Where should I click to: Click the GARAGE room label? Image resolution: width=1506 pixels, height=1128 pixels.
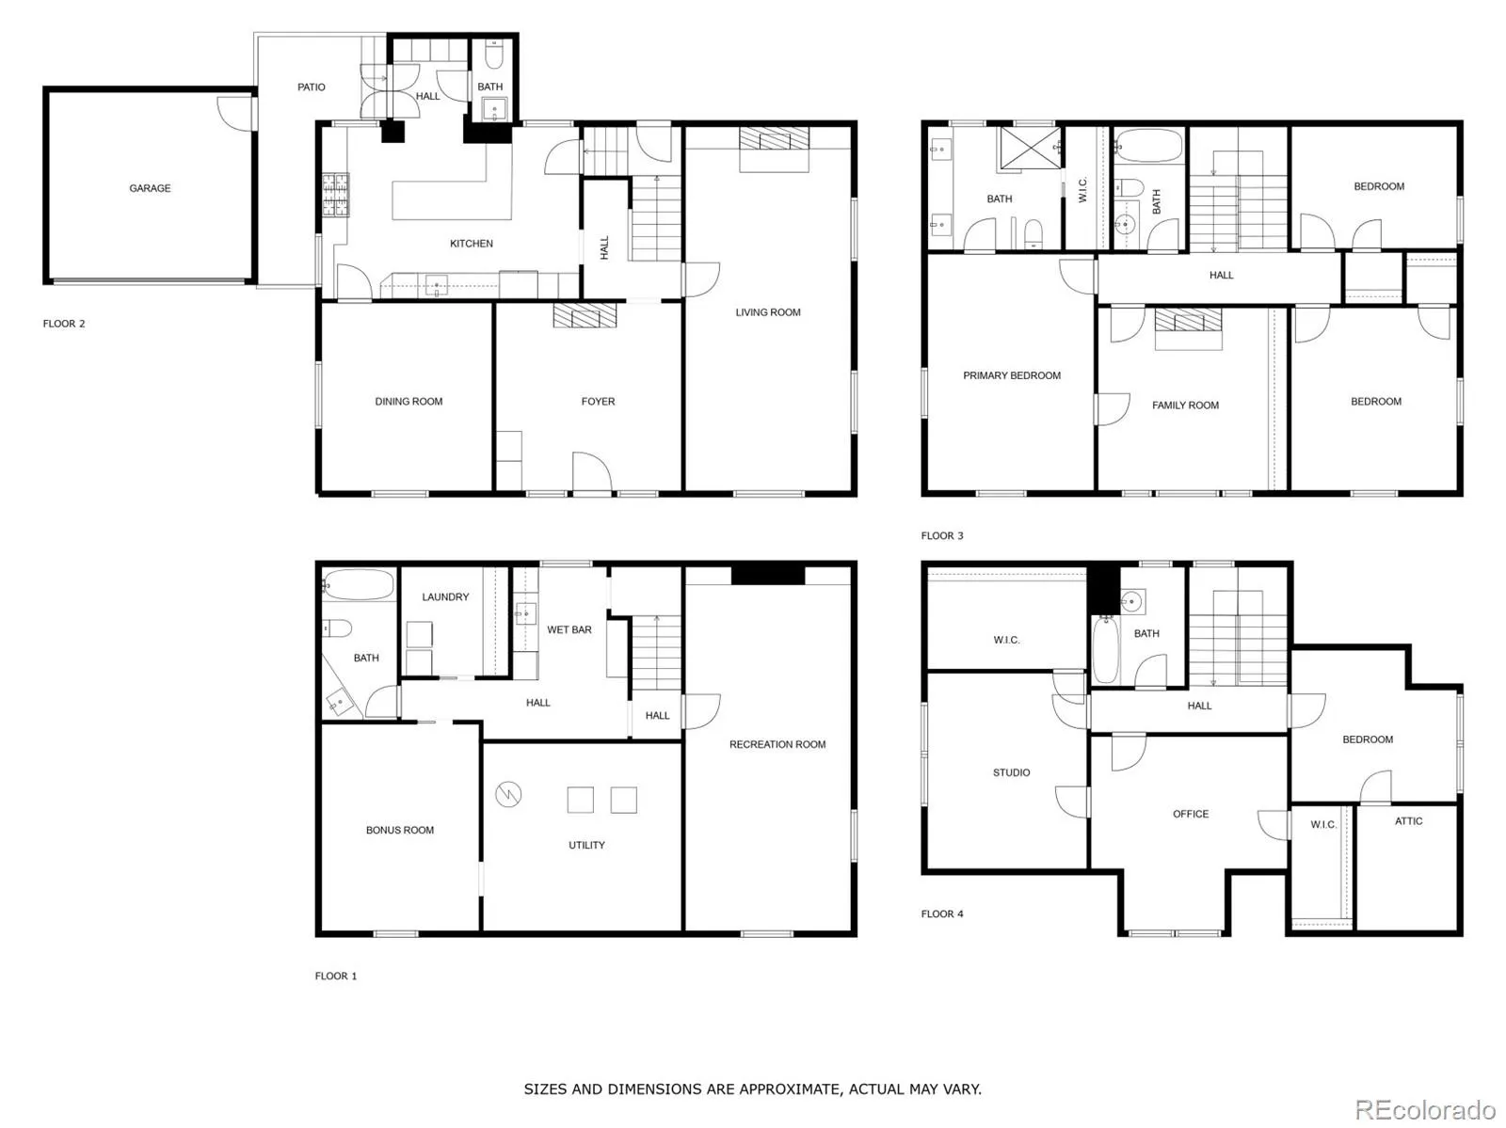click(x=150, y=188)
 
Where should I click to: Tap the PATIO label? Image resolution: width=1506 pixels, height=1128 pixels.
click(x=311, y=87)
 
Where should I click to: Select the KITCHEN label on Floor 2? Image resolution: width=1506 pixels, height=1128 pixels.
click(x=471, y=244)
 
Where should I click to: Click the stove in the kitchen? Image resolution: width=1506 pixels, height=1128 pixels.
click(x=335, y=195)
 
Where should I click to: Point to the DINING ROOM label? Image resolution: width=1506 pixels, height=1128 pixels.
click(x=409, y=401)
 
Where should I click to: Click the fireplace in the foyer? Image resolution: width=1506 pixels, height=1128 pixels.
click(x=585, y=315)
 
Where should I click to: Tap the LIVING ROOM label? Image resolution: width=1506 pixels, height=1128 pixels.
click(x=768, y=312)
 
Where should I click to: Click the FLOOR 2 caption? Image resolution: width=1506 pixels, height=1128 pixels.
click(x=64, y=324)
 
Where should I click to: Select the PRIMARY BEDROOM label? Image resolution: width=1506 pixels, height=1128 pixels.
click(x=1011, y=375)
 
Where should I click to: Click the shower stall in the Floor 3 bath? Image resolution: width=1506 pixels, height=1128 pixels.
click(x=1029, y=148)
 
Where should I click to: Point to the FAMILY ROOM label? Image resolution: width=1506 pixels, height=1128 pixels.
click(x=1185, y=405)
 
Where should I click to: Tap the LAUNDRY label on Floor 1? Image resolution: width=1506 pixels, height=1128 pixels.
click(x=445, y=596)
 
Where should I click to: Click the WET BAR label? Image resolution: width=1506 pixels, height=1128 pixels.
click(x=569, y=629)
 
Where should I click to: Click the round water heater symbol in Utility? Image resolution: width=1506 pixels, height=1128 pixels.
click(x=508, y=794)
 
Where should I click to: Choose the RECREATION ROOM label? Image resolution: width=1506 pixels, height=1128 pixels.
click(x=777, y=744)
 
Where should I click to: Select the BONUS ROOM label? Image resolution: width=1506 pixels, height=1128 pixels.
click(x=399, y=830)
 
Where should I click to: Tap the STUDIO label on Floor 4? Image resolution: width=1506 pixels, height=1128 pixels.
click(x=1011, y=772)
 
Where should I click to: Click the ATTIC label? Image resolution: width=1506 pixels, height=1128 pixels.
click(x=1408, y=820)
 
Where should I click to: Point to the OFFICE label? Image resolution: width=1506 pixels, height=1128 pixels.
click(x=1191, y=814)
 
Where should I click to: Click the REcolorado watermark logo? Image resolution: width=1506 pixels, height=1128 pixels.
click(x=1425, y=1109)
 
